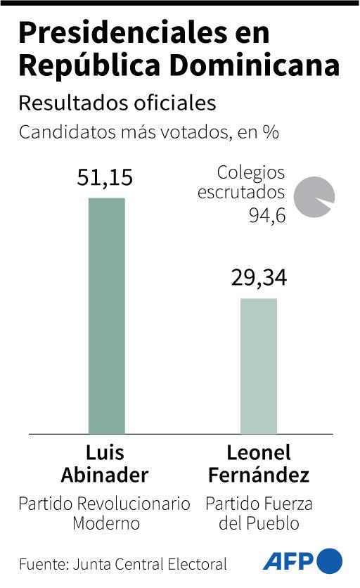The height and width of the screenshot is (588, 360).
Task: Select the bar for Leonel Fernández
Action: (259, 366)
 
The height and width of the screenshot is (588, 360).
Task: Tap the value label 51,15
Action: (105, 178)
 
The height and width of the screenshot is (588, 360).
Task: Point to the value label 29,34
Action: (259, 279)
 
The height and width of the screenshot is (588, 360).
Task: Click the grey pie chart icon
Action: (314, 196)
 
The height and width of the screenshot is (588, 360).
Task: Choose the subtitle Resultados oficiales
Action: (117, 103)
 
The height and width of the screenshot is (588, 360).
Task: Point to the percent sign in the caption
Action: (271, 133)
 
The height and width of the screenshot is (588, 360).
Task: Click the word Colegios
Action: (251, 172)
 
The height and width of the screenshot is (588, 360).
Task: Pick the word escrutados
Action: (241, 193)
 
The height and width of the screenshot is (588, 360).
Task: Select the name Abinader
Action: (105, 475)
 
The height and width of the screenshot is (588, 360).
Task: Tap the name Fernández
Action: (258, 475)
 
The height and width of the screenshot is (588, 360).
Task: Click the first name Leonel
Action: (259, 452)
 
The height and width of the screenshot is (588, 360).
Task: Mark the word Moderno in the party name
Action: (105, 524)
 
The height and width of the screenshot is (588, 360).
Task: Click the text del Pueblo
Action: (258, 524)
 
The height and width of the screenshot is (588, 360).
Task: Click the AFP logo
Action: (303, 561)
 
